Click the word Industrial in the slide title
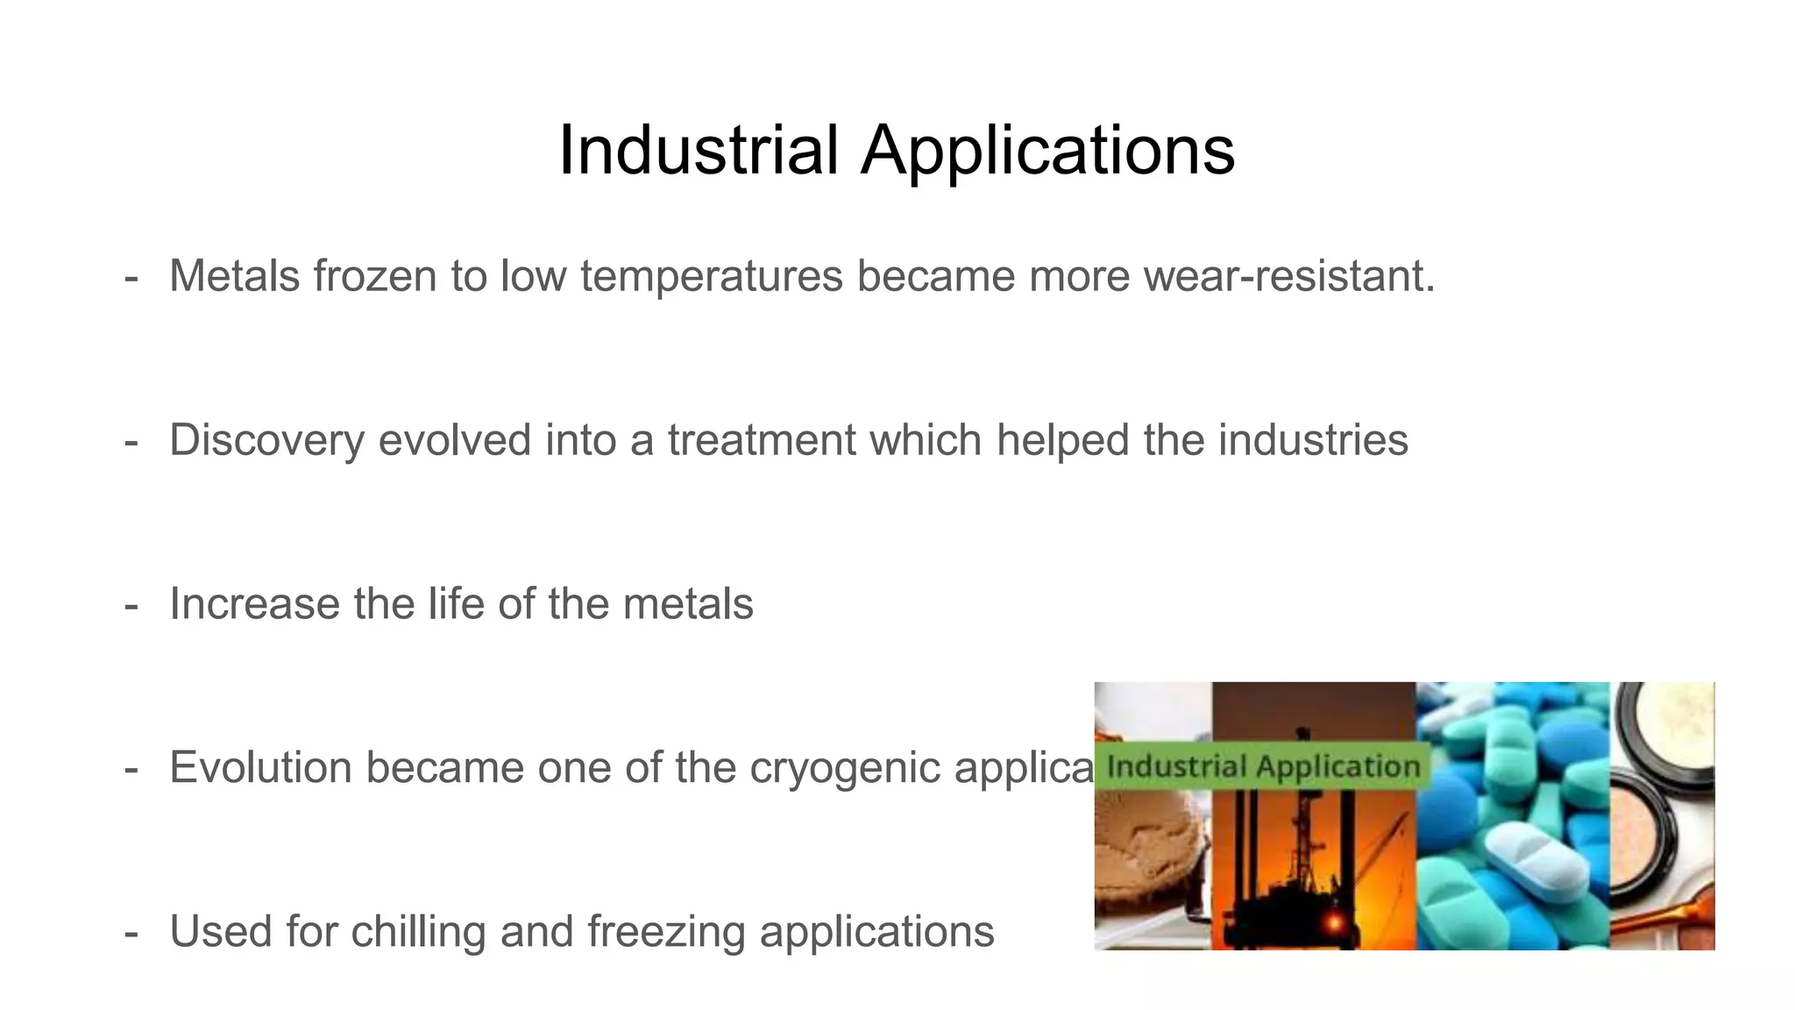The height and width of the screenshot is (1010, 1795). pyautogui.click(x=699, y=150)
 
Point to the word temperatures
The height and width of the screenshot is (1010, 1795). pyautogui.click(x=711, y=277)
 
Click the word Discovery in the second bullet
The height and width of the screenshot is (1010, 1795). pyautogui.click(x=266, y=440)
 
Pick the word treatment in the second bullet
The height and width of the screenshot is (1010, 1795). pyautogui.click(x=761, y=439)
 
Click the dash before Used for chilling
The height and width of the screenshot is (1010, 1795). pyautogui.click(x=131, y=932)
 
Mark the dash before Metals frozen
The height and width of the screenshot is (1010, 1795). pyautogui.click(x=131, y=277)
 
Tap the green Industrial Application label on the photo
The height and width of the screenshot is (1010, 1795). pyautogui.click(x=1262, y=766)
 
